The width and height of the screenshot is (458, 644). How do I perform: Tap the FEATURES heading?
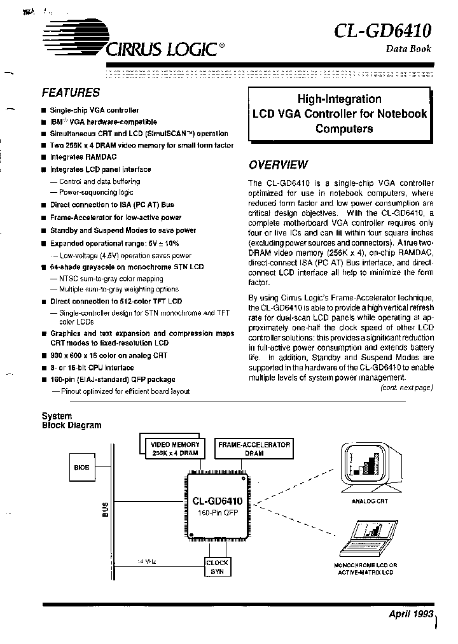point(71,92)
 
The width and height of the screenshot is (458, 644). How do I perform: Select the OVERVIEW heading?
point(278,165)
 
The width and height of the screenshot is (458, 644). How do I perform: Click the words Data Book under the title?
point(408,49)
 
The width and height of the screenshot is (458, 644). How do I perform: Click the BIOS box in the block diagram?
point(81,467)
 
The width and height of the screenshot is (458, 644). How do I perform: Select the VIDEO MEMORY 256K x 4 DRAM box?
point(174,449)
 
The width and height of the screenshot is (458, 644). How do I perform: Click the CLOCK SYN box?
point(217,566)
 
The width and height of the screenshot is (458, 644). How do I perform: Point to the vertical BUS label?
point(106,510)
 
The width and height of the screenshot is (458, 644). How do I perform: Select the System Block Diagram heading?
point(71,421)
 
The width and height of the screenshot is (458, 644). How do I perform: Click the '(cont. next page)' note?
point(406,388)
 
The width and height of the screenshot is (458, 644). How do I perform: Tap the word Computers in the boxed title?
point(341,129)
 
